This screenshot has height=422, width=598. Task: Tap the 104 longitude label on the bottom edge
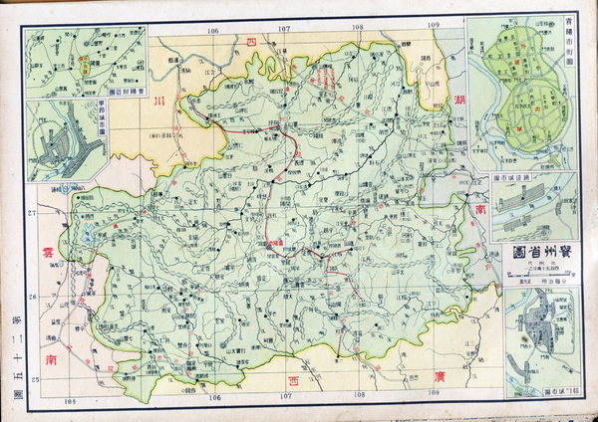[70, 401]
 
